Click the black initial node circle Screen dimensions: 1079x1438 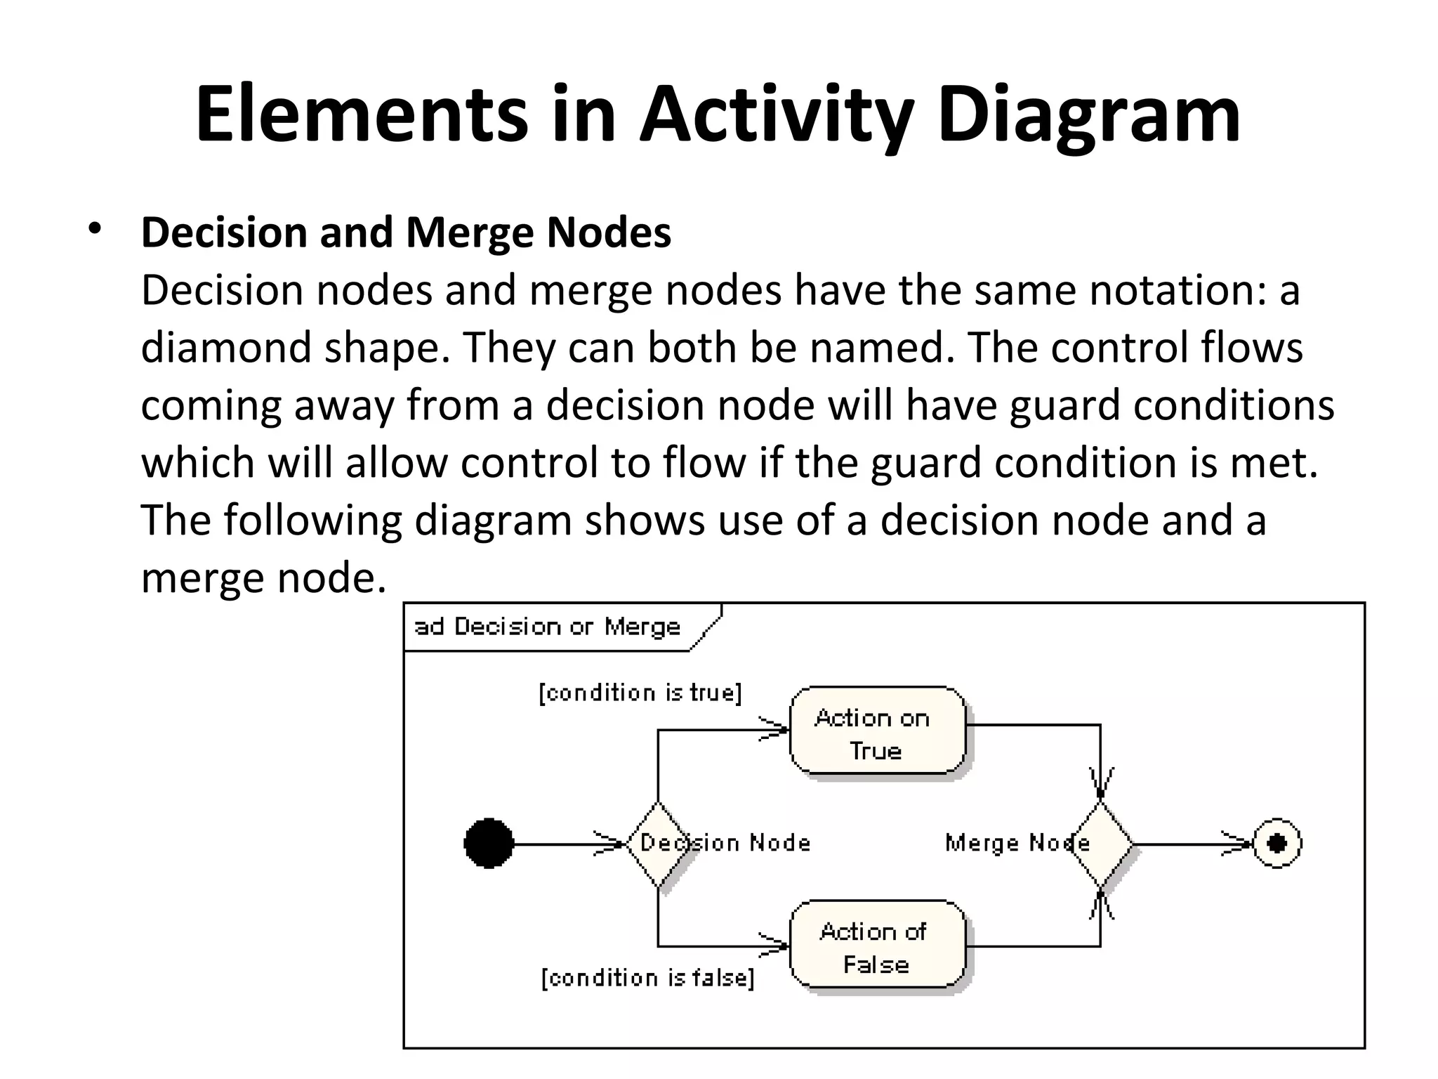489,843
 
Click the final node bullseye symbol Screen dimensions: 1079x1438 1277,843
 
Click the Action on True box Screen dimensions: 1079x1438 877,731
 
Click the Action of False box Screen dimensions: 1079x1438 877,946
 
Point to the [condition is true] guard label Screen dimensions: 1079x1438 640,693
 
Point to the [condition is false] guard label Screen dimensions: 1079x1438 647,978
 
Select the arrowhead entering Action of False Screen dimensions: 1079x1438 775,946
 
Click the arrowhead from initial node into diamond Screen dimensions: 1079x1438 609,843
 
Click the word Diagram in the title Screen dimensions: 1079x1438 1088,115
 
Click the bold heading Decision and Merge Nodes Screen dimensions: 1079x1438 406,233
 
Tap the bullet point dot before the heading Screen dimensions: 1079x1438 95,230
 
